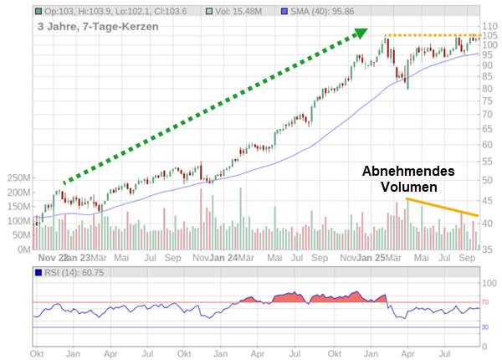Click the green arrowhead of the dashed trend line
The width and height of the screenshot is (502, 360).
(361, 33)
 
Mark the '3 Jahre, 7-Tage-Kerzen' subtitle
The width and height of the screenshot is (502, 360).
(97, 26)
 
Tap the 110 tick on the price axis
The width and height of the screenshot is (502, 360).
(489, 26)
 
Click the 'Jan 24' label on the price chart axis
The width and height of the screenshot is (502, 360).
(223, 258)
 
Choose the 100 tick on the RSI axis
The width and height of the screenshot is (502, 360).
(489, 283)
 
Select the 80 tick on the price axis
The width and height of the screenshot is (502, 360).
(489, 88)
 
